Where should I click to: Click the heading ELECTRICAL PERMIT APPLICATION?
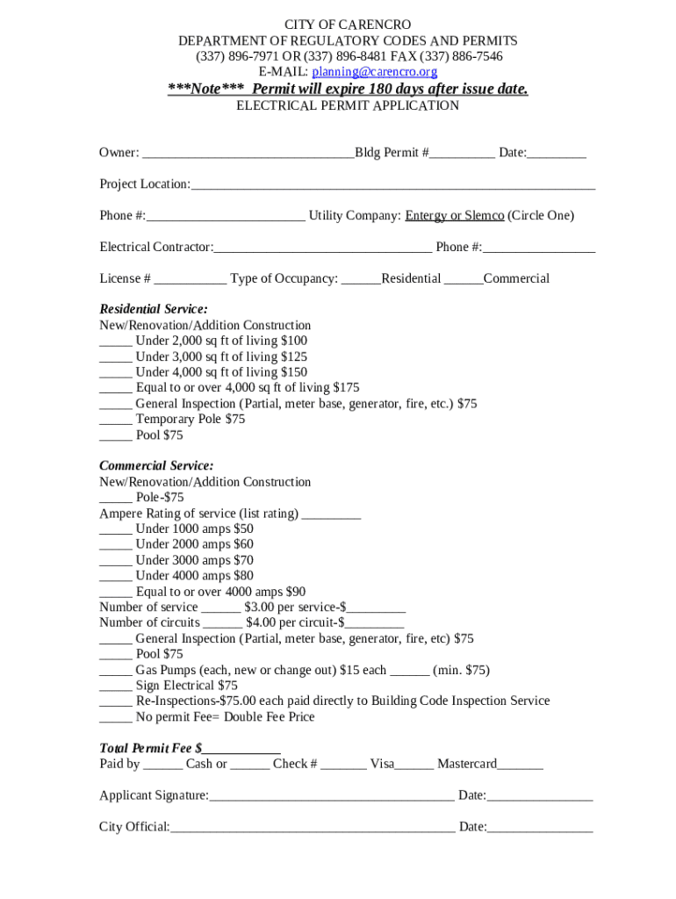tap(348, 105)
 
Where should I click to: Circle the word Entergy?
tap(425, 216)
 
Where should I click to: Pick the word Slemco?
tap(484, 216)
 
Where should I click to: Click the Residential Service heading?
tap(154, 309)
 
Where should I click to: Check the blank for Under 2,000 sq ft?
tap(115, 342)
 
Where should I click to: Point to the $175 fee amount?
tap(347, 387)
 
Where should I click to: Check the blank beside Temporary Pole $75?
tap(115, 421)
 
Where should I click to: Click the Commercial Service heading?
tap(156, 465)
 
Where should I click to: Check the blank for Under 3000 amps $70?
tap(115, 562)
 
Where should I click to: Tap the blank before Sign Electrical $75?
tap(115, 687)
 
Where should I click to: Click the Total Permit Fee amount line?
tap(241, 751)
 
